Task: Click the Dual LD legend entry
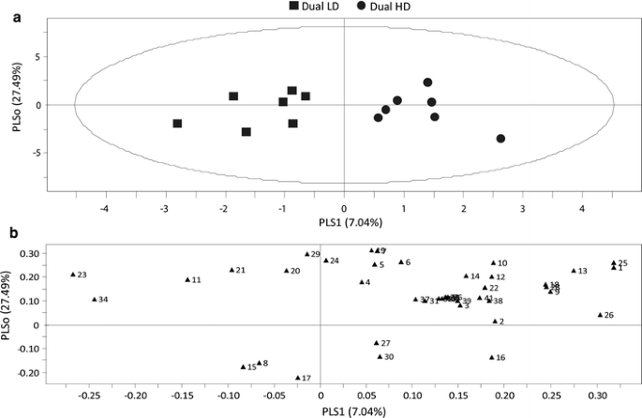pyautogui.click(x=320, y=7)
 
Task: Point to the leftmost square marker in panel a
pyautogui.click(x=177, y=124)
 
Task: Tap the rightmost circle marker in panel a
pyautogui.click(x=500, y=139)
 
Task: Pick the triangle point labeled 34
pyautogui.click(x=95, y=299)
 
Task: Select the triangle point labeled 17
pyautogui.click(x=298, y=378)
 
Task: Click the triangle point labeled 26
pyautogui.click(x=600, y=315)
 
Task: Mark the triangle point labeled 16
pyautogui.click(x=491, y=357)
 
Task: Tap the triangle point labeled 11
pyautogui.click(x=187, y=279)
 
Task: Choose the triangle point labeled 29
pyautogui.click(x=306, y=254)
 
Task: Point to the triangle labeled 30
pyautogui.click(x=380, y=356)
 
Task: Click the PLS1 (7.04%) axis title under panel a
pyautogui.click(x=345, y=222)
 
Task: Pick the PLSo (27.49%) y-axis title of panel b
pyautogui.click(x=9, y=314)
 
